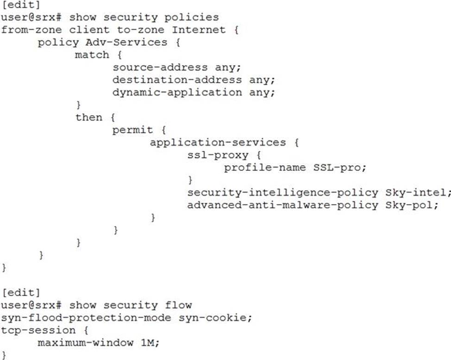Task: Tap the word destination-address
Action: coord(176,80)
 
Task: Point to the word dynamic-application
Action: coord(176,92)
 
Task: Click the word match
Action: coord(92,55)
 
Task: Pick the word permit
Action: coord(132,130)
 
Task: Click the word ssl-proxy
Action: coord(218,155)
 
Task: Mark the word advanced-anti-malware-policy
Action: coord(283,205)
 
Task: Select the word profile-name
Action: coord(261,167)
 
